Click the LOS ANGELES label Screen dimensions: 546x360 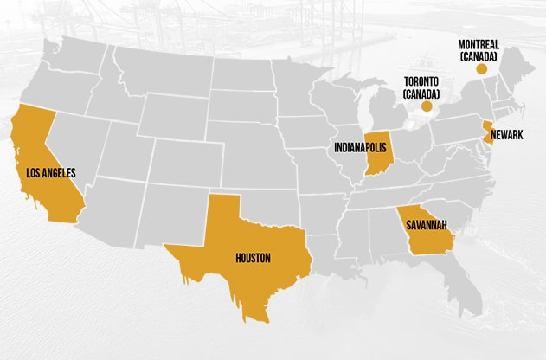point(51,173)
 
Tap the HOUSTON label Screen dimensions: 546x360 point(253,257)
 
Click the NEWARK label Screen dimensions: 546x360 point(506,136)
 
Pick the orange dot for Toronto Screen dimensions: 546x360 point(426,106)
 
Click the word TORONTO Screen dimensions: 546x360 point(421,82)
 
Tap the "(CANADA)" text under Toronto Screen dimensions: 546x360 point(421,93)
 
